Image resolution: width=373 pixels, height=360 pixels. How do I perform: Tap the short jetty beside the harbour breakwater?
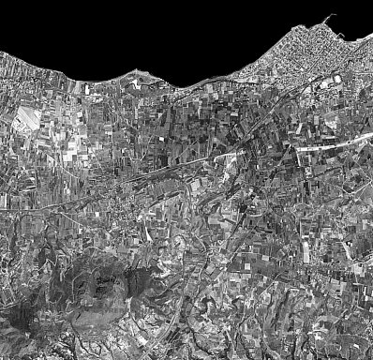coord(343,38)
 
